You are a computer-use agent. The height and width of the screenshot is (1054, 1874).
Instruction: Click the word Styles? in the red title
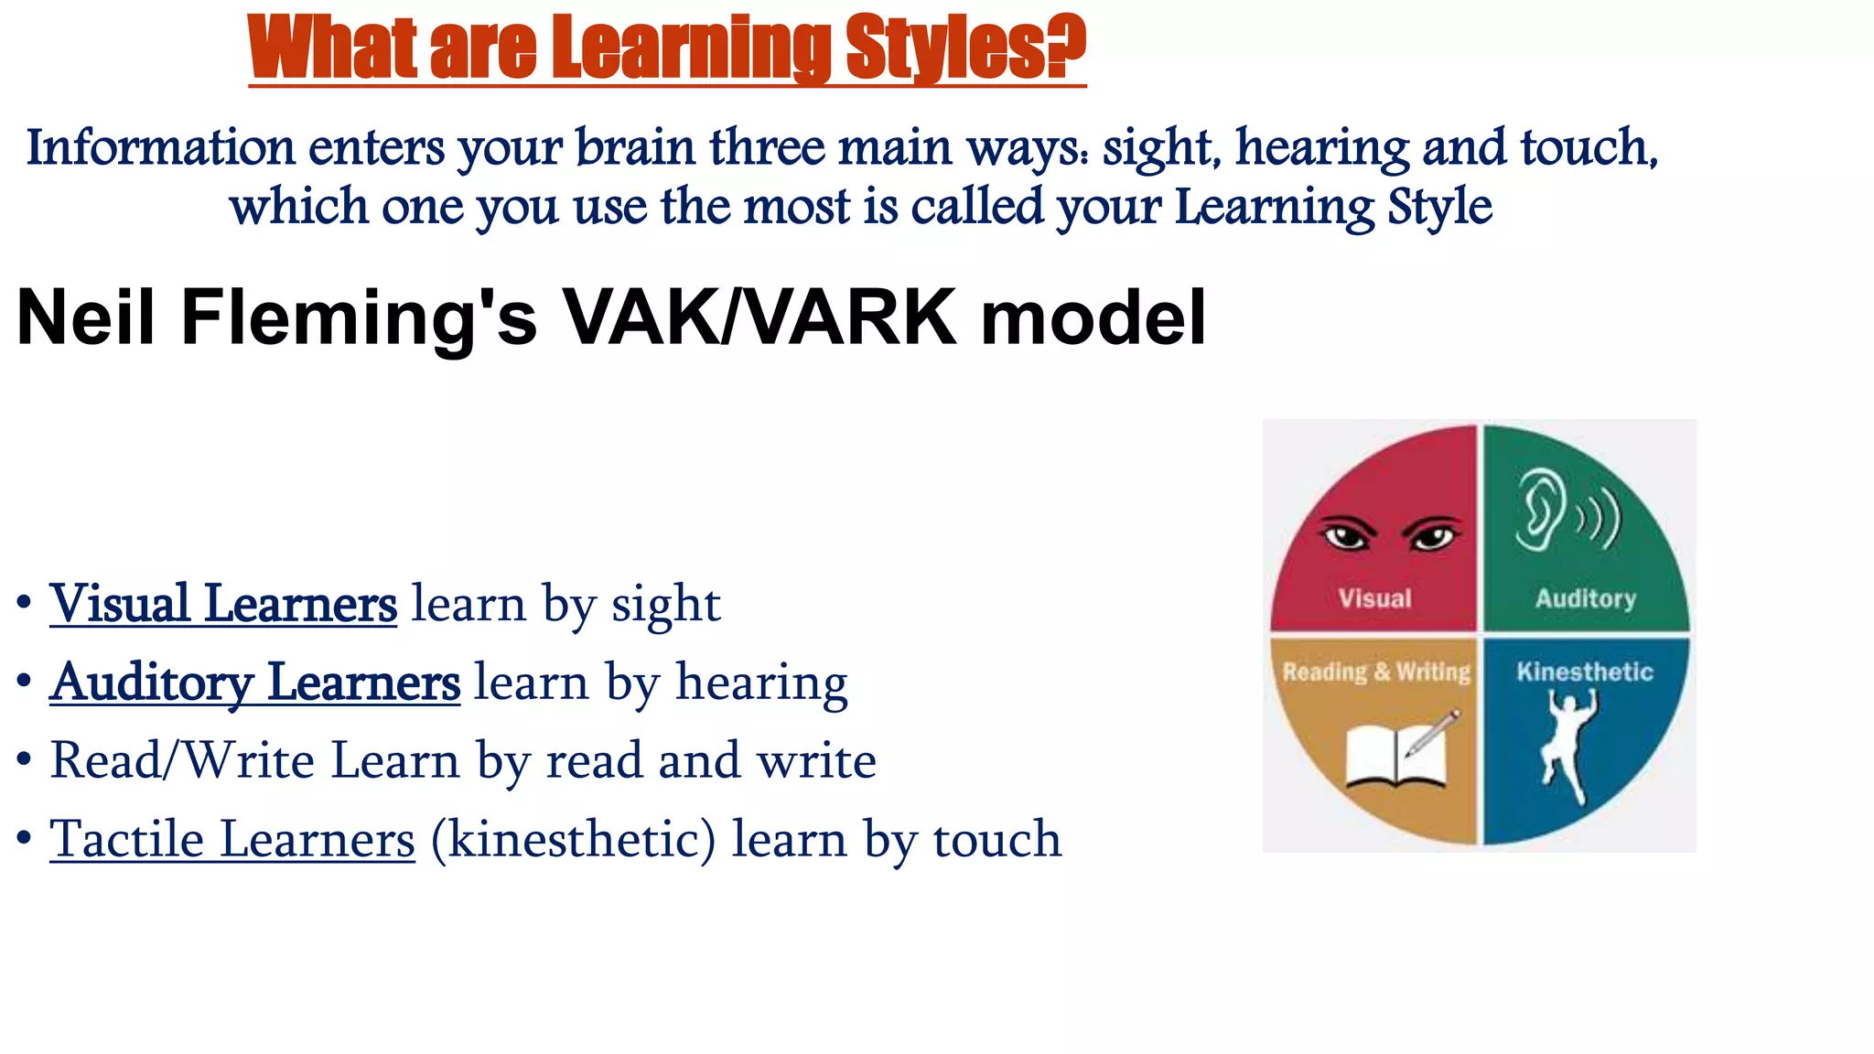[964, 48]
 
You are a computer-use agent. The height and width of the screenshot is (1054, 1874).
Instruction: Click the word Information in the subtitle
[161, 148]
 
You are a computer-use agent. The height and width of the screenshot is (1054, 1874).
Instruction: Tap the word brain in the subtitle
[636, 148]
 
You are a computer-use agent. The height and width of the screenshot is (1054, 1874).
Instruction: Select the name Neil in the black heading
[86, 317]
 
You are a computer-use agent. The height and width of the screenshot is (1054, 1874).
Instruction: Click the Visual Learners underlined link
[223, 604]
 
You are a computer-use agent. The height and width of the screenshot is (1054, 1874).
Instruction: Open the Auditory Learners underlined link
[254, 683]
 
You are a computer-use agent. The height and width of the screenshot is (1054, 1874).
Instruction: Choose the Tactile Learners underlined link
[232, 840]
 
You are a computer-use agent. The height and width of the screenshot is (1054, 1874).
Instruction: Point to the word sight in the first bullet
[665, 604]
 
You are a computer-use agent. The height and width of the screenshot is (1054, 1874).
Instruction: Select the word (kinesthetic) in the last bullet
[574, 840]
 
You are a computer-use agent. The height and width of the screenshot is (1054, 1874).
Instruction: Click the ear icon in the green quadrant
[1540, 511]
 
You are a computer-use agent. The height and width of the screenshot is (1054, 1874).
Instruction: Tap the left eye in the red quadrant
[1346, 535]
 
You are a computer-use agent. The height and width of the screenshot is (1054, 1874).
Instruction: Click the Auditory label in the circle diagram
[1585, 598]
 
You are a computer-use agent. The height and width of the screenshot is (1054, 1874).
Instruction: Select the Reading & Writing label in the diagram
[1376, 672]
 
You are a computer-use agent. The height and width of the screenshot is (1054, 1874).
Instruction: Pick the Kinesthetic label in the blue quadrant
[1585, 672]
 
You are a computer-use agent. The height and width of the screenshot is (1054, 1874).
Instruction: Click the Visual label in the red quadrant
[1374, 598]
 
